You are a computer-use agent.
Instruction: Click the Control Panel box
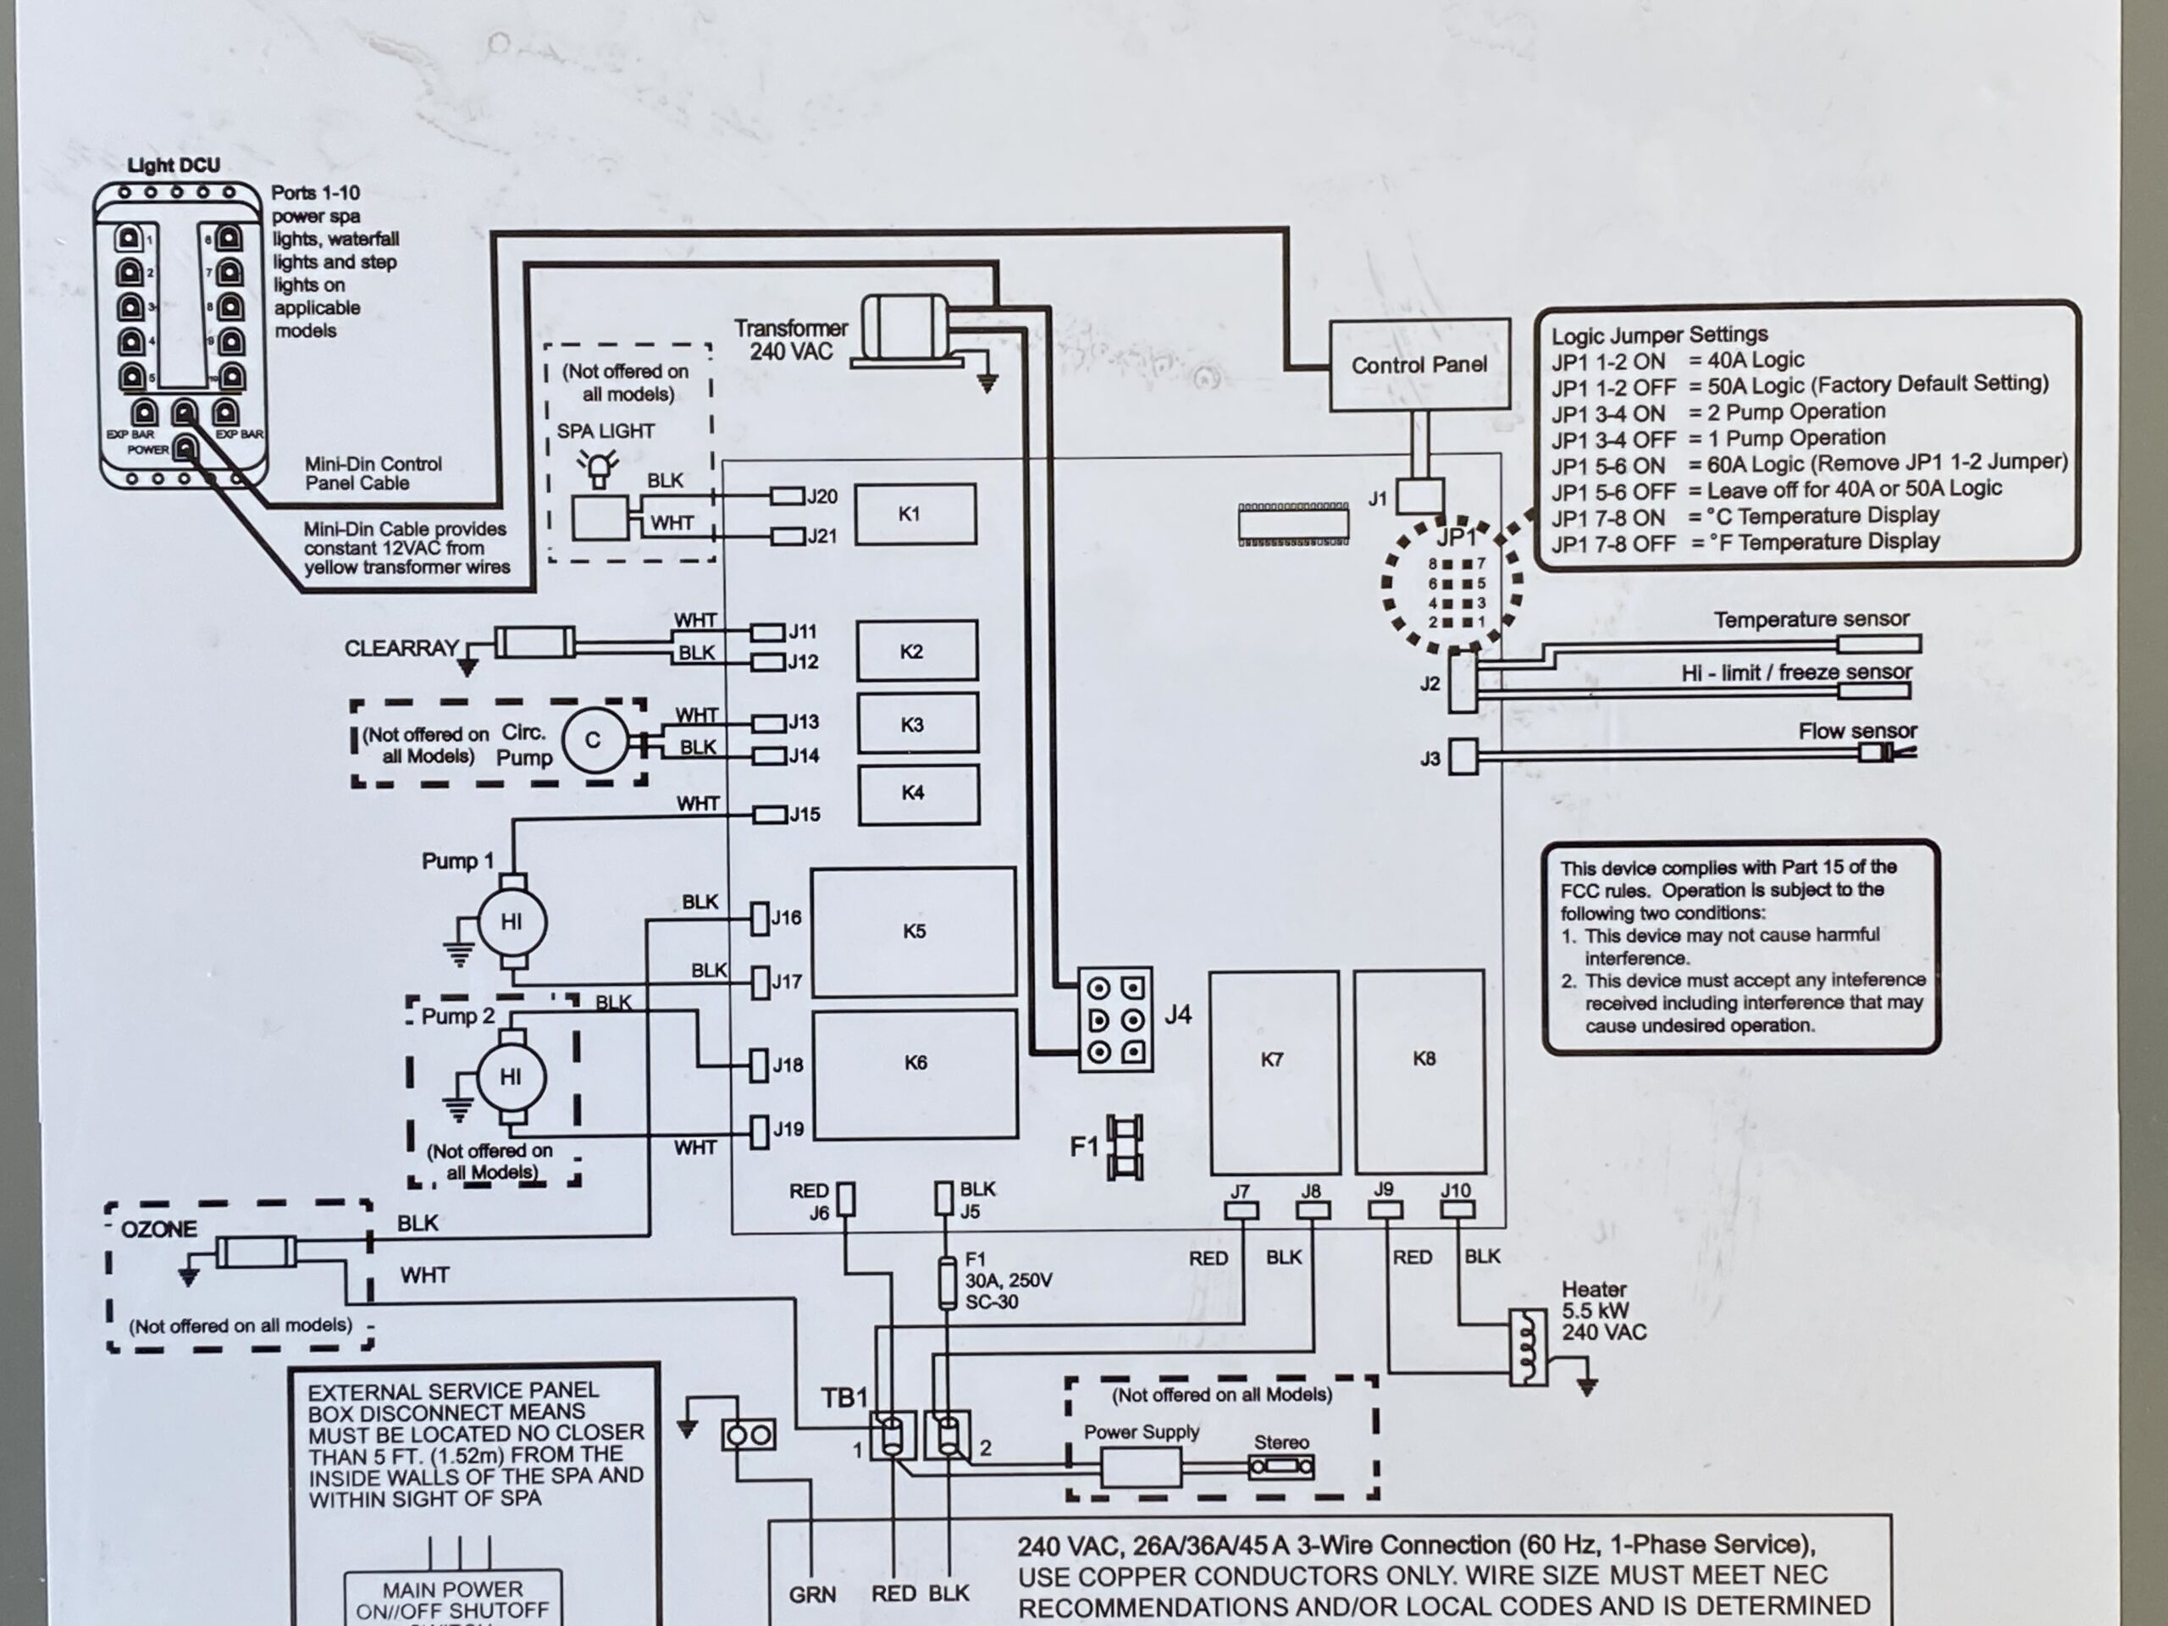[1419, 365]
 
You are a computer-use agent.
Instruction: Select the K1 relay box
[915, 513]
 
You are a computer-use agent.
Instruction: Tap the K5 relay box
[914, 931]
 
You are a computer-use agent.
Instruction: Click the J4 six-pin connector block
[1115, 1020]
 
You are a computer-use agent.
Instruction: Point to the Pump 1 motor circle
[511, 921]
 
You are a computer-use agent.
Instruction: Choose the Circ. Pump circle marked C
[592, 741]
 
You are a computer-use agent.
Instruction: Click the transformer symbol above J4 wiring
[904, 329]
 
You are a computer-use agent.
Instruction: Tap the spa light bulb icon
[598, 468]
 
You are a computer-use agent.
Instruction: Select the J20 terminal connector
[787, 497]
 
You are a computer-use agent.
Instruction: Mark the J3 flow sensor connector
[1463, 756]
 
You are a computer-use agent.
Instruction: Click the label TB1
[843, 1397]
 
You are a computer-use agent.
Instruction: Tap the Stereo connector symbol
[1280, 1468]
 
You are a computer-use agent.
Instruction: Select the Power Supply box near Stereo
[1141, 1468]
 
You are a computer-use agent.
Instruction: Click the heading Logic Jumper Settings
[1658, 335]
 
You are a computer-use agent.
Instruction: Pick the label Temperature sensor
[1811, 619]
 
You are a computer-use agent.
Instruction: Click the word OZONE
[158, 1229]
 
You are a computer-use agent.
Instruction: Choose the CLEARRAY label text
[401, 649]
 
